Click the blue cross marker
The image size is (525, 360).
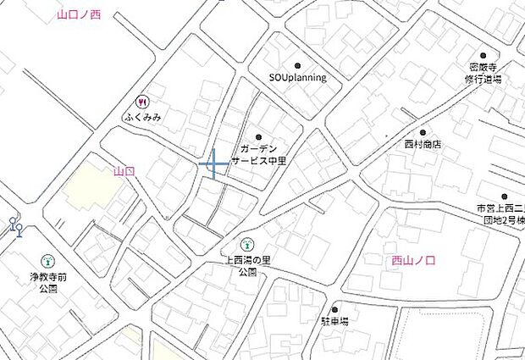click(213, 162)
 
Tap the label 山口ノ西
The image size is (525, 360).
click(79, 15)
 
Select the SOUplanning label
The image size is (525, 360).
click(297, 78)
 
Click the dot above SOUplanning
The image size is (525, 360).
click(297, 65)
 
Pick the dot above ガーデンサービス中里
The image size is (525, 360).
click(258, 136)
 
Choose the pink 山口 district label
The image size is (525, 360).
click(124, 172)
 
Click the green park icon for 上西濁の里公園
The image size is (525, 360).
click(247, 245)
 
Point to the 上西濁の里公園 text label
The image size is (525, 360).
click(247, 266)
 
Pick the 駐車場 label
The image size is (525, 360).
click(335, 323)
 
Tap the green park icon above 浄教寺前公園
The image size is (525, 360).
click(47, 261)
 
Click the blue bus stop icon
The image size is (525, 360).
click(15, 225)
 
